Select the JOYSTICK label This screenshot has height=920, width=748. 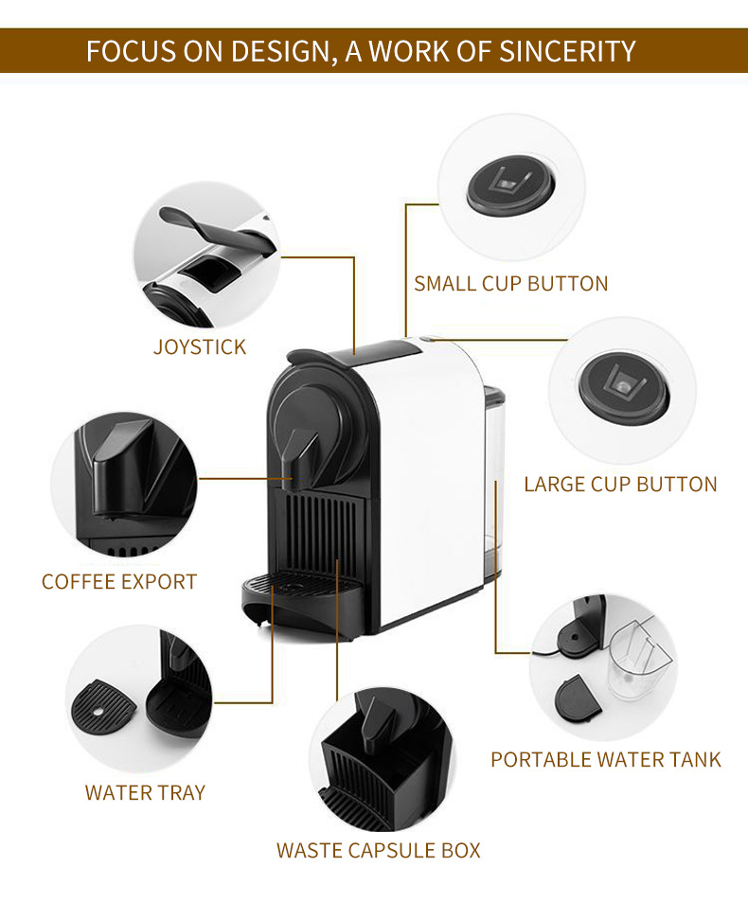tap(200, 347)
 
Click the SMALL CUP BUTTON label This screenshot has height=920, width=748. tap(511, 283)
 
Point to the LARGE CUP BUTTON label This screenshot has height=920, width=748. tap(620, 485)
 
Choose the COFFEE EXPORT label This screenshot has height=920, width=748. tap(119, 581)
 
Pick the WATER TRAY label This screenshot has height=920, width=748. tap(145, 792)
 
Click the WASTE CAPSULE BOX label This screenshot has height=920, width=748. tap(379, 850)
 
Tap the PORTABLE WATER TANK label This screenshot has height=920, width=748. tap(606, 759)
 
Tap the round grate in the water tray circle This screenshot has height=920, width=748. tap(99, 704)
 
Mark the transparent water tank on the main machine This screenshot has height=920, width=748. tap(492, 473)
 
